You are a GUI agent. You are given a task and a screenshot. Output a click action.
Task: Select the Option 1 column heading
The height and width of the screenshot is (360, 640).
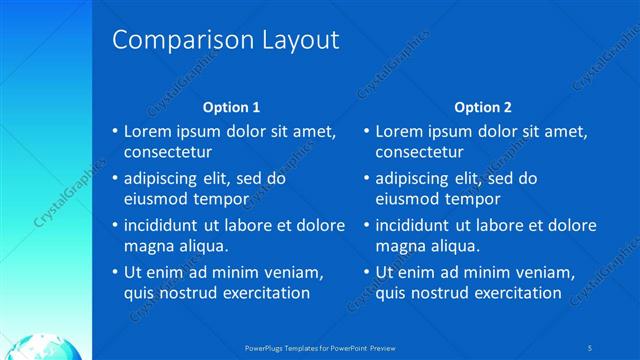coord(231,107)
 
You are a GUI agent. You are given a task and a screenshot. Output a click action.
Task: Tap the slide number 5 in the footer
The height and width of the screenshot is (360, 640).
coord(591,347)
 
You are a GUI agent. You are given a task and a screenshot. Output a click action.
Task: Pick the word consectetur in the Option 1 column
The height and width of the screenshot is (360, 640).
coord(167,153)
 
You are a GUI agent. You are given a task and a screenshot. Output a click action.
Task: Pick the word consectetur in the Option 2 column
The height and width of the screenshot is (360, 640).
coord(419,153)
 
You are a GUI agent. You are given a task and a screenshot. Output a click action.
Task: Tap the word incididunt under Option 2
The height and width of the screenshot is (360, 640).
coord(418,225)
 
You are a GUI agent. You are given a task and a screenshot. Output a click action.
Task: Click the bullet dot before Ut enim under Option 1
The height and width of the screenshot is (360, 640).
coord(115,272)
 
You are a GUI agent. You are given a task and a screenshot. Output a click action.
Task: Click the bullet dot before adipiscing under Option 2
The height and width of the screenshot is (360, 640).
coord(366,179)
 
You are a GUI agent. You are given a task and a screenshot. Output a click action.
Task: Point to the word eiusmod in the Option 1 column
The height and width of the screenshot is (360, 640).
coord(154,199)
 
